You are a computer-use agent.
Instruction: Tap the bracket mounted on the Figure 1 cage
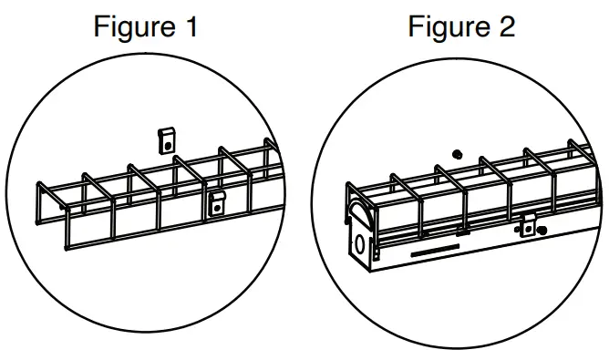pyautogui.click(x=217, y=201)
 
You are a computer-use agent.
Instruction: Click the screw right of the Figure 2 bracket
pyautogui.click(x=543, y=231)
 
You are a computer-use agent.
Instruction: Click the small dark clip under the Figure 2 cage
pyautogui.click(x=462, y=232)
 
